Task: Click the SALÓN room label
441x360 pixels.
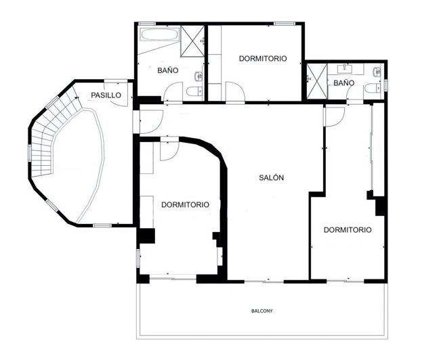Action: (x=271, y=178)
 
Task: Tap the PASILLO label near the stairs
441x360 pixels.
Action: (x=106, y=95)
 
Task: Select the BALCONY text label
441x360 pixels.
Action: (x=262, y=311)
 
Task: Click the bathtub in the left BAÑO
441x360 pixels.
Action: (x=160, y=35)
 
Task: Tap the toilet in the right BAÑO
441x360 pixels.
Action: (x=371, y=89)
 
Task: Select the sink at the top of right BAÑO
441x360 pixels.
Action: (x=344, y=68)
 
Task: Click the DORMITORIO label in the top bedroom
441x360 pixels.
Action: (x=263, y=59)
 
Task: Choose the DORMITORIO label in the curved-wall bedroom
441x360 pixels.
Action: (x=185, y=204)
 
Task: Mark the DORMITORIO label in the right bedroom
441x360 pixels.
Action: (x=348, y=230)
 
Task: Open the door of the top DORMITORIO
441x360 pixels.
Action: (x=234, y=91)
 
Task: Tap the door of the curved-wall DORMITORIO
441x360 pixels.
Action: (x=169, y=150)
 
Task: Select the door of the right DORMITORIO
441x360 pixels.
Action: (x=333, y=116)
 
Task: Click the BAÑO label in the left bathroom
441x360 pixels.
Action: (x=168, y=70)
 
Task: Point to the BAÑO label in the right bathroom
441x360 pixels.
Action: (x=344, y=83)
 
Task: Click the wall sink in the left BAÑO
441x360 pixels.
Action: (x=198, y=76)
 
